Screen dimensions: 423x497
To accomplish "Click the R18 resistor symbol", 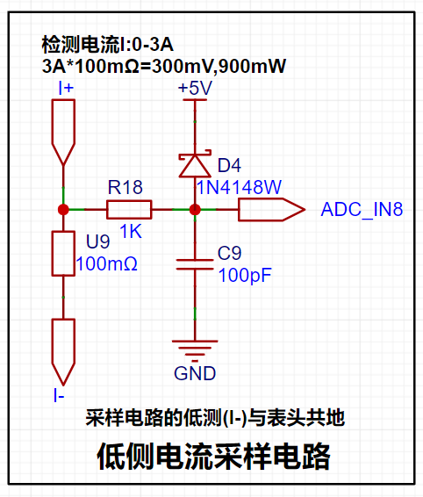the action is (x=129, y=210).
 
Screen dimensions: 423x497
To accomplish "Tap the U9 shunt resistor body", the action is (x=63, y=254).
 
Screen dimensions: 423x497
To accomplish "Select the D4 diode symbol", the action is (x=195, y=164).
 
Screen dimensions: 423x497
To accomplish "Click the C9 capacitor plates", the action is (x=195, y=264).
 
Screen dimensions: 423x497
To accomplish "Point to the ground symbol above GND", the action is (x=195, y=351).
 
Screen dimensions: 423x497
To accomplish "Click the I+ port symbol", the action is (x=63, y=133).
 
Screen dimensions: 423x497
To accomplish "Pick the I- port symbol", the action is (x=63, y=352).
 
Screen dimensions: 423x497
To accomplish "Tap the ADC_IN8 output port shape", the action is (x=271, y=210).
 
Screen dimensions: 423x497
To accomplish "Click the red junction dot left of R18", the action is (x=63, y=210).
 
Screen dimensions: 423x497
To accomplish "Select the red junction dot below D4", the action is (x=195, y=210).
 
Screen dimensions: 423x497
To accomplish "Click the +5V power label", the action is (x=195, y=88).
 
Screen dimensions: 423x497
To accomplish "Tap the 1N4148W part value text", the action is (x=240, y=187).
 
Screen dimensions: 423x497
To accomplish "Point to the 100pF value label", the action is (x=245, y=275).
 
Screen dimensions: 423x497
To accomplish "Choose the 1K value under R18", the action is (x=131, y=231).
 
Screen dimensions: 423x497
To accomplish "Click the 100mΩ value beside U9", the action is (x=107, y=263).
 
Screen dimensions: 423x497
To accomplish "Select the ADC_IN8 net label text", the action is (x=362, y=210).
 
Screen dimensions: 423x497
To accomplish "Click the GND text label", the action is (x=195, y=373).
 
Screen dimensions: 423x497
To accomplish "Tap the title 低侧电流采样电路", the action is (x=213, y=457).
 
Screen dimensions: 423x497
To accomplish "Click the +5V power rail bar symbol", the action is (x=195, y=100).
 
